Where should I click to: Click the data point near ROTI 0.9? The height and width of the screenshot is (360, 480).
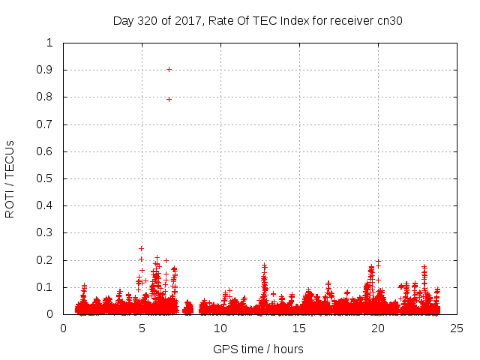tap(169, 69)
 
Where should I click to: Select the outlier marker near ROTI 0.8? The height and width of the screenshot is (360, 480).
tap(169, 99)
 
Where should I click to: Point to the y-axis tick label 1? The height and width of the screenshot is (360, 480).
tap(49, 43)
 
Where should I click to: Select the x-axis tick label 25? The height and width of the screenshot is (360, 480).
tap(457, 328)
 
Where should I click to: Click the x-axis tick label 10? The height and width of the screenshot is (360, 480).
tap(220, 328)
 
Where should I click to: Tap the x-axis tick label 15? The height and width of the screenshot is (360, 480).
tap(299, 328)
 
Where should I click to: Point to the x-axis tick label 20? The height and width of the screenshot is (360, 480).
tap(378, 328)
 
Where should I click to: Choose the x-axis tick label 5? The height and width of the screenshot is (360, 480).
tap(142, 328)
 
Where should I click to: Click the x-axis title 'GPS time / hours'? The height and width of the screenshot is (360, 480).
tap(259, 349)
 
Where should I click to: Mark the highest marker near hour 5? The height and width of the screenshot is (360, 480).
tap(141, 248)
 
